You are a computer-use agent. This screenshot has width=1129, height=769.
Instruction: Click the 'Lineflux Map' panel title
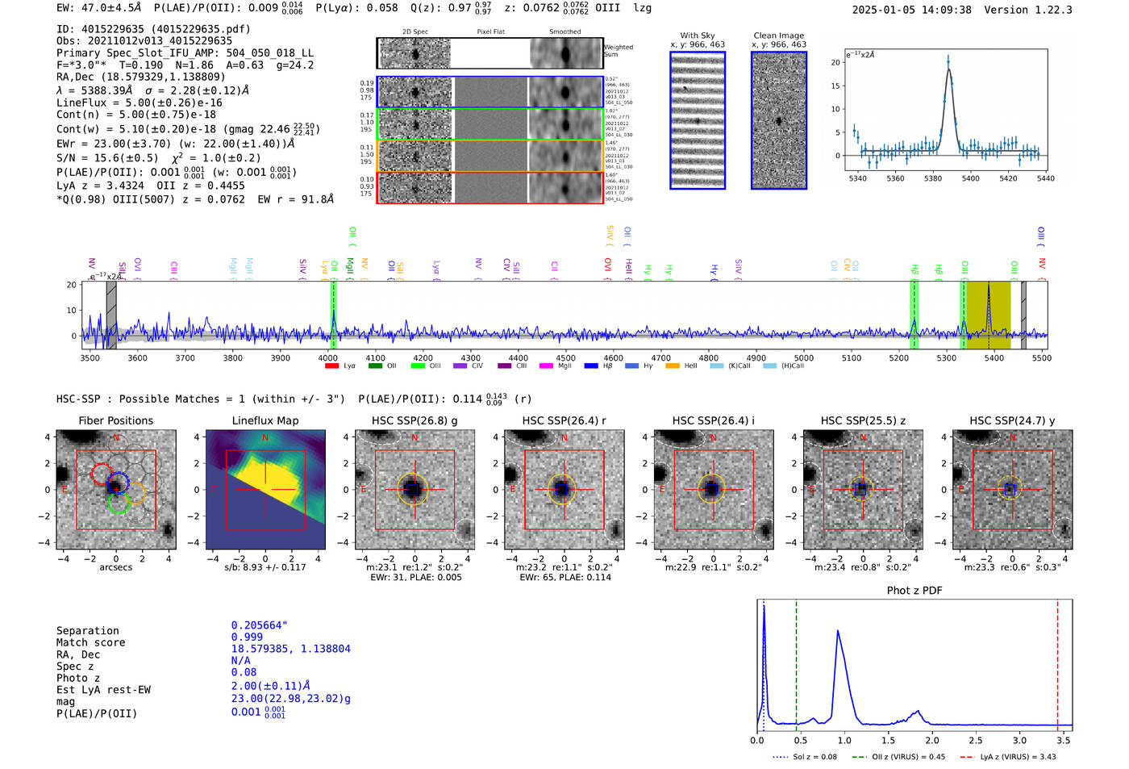click(x=265, y=420)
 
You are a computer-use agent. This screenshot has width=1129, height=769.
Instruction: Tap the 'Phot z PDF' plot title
click(x=914, y=591)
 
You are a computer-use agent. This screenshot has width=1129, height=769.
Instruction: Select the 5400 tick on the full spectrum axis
click(x=994, y=357)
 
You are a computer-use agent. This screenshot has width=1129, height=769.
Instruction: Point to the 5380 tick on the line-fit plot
click(x=933, y=178)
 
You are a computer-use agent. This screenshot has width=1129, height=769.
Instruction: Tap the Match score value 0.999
click(x=247, y=637)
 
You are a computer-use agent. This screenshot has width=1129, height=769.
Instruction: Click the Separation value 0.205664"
click(x=259, y=625)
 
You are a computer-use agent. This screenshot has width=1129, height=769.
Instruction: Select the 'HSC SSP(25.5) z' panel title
click(x=863, y=420)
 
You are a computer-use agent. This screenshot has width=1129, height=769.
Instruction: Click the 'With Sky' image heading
click(x=698, y=36)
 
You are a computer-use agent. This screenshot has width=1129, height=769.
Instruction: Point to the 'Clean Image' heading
click(x=778, y=36)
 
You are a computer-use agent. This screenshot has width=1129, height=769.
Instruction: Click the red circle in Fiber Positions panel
click(x=102, y=474)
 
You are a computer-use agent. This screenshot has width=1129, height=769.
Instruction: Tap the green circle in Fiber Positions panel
click(x=118, y=504)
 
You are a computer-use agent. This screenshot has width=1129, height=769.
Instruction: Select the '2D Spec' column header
click(x=415, y=32)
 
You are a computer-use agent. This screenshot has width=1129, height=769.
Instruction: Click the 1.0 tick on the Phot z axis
click(x=844, y=740)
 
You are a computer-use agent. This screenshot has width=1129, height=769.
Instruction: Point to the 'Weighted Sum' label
click(x=619, y=51)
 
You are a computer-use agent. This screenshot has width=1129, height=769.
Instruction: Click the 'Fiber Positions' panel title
click(x=115, y=420)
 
